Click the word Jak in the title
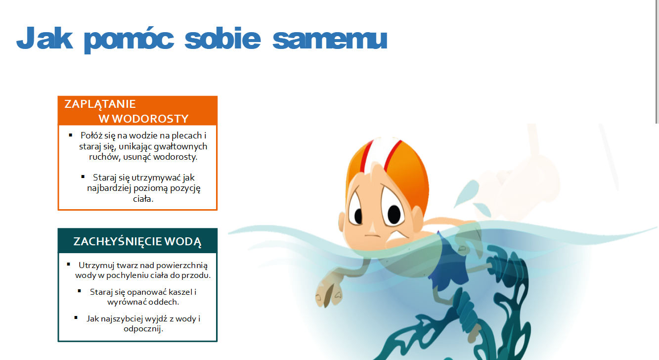[x=44, y=38]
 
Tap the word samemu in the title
[x=330, y=40]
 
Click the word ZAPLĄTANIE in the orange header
[x=100, y=104]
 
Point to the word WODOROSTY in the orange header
[x=150, y=119]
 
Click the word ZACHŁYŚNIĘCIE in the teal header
[x=118, y=241]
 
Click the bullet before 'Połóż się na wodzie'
[x=71, y=135]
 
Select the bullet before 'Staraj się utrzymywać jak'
[x=83, y=177]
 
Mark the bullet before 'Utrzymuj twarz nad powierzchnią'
[x=69, y=265]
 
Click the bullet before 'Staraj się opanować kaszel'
[x=79, y=291]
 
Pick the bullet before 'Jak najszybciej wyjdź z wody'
[x=76, y=317]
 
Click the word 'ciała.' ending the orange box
[x=143, y=199]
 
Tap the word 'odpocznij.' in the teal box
[x=143, y=328]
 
